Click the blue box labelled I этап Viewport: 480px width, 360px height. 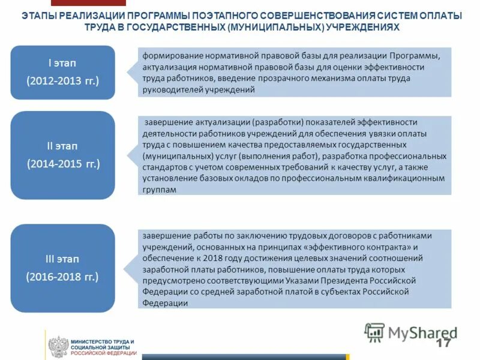[x=62, y=72]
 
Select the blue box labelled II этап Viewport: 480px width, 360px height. [x=62, y=155]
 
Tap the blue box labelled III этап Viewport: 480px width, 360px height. [x=62, y=268]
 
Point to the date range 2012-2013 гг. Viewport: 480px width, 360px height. [x=62, y=80]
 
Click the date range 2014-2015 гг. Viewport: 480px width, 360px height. [x=62, y=163]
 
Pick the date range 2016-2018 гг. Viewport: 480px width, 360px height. [x=62, y=277]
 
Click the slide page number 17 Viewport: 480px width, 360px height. [x=443, y=343]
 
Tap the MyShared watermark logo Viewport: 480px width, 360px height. [x=411, y=332]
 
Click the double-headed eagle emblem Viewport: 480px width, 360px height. [x=58, y=347]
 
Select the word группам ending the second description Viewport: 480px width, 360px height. [x=160, y=189]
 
